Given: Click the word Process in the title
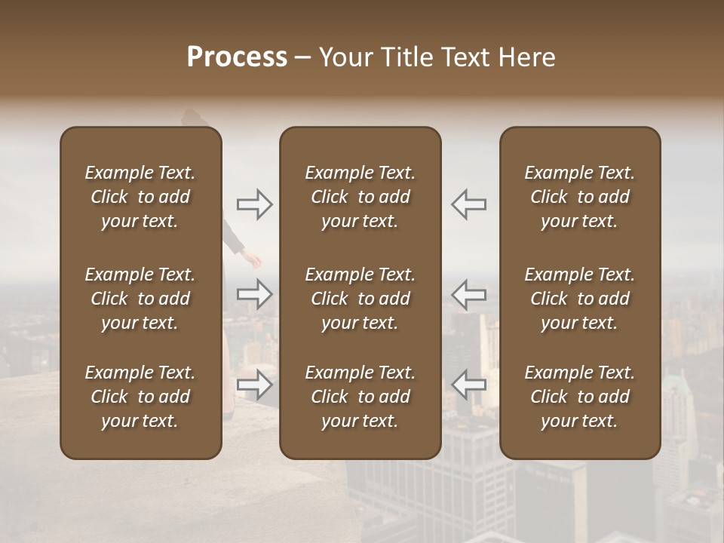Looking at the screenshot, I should [x=237, y=57].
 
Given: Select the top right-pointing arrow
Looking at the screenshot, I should [x=255, y=204].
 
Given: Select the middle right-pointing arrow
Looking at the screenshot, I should [x=255, y=293].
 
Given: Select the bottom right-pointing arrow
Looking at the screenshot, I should [x=255, y=385].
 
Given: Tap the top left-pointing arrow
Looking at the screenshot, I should [x=469, y=204].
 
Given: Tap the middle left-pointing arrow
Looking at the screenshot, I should [x=469, y=293].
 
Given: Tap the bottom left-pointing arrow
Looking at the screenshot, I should [x=469, y=385].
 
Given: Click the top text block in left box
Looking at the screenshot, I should [x=140, y=197].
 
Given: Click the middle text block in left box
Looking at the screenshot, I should [x=140, y=299].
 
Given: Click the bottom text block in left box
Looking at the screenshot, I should [x=140, y=397].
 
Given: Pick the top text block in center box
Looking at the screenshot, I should [x=360, y=197].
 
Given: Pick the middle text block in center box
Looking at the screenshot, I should [x=360, y=299].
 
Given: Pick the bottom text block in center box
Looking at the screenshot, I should [x=360, y=397].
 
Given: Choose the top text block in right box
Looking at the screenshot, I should [x=580, y=197].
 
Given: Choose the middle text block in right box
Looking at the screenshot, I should [x=580, y=299].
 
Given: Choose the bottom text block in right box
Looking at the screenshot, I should [x=580, y=397].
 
